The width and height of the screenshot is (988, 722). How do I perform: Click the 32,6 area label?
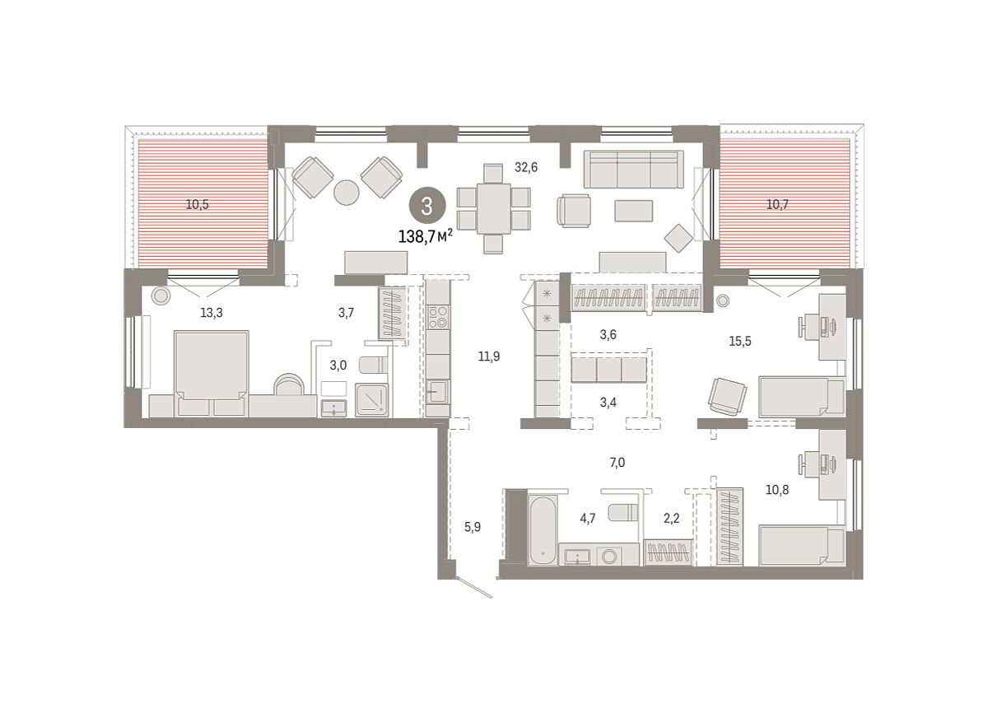(x=526, y=168)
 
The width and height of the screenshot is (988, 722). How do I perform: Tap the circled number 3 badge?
(x=427, y=206)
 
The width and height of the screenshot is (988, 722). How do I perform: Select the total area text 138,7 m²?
(x=426, y=237)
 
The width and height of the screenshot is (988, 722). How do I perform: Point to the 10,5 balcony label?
(x=197, y=205)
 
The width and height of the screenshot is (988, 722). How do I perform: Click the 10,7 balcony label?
(x=777, y=205)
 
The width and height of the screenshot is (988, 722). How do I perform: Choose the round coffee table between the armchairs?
(x=347, y=193)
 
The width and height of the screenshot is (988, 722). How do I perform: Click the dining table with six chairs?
(x=493, y=208)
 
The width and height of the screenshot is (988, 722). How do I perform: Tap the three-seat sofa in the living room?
(x=634, y=170)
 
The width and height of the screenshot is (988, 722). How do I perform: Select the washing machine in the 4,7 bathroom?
(x=609, y=557)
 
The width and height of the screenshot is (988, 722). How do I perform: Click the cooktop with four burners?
(x=438, y=318)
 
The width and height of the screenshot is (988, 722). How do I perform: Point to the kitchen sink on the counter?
(x=437, y=391)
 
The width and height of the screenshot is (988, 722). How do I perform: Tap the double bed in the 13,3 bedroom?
(x=212, y=373)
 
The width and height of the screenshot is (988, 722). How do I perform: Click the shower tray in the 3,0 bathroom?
(x=372, y=399)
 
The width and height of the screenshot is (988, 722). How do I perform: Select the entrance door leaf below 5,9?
(x=474, y=587)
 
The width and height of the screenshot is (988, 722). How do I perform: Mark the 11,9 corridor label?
(x=489, y=356)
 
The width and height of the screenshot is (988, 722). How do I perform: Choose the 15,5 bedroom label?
(x=740, y=342)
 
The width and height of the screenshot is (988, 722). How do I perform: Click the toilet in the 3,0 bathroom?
(x=373, y=365)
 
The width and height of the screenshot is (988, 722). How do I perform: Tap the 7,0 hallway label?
(x=617, y=463)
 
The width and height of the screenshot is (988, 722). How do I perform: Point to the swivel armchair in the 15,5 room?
(x=727, y=396)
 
